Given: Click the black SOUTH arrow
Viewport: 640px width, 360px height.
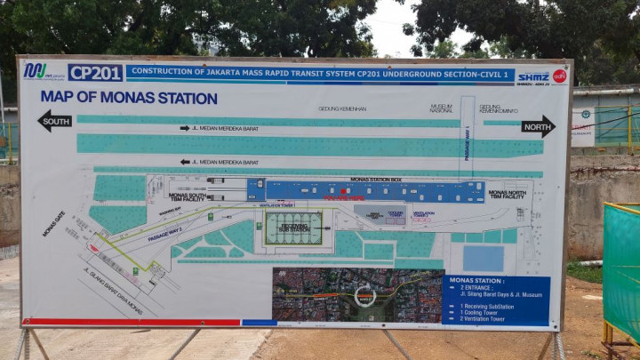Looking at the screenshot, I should click(54, 121).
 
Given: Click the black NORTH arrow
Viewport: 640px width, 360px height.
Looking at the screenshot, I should click(537, 125).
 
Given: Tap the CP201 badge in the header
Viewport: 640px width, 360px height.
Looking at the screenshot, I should click(95, 73).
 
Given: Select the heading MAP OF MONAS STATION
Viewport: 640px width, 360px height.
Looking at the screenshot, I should click(128, 98).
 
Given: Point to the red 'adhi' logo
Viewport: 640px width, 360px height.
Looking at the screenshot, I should click(559, 76).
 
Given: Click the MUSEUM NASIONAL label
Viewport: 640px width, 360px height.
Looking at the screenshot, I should click(441, 108).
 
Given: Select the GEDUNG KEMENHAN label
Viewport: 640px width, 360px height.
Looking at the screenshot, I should click(342, 108).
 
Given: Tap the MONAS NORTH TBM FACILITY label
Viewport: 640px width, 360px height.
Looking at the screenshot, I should click(507, 194).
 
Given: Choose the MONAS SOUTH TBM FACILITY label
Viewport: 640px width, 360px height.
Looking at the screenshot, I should click(187, 196).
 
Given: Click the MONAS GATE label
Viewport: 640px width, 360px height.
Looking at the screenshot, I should click(53, 223).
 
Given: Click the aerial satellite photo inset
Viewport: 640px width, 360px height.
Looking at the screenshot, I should click(356, 295).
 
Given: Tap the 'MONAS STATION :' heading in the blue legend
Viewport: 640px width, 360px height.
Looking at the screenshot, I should click(477, 280).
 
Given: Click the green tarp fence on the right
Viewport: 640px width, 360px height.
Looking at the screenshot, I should click(621, 267).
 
